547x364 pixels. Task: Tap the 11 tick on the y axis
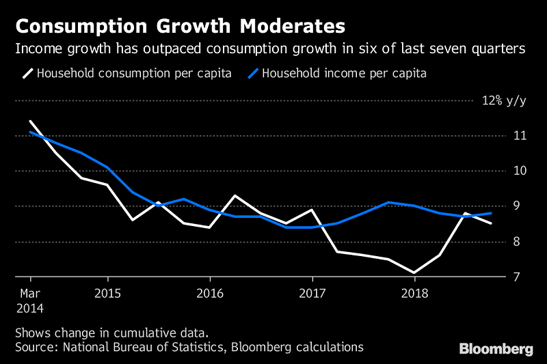520,136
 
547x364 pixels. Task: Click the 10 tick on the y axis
520,171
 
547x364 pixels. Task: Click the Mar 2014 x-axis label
30,300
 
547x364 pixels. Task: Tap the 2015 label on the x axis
107,294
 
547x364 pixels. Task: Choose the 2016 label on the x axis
209,294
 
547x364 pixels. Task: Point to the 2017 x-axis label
312,294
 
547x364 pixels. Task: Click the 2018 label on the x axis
414,294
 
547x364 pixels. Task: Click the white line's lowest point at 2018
414,272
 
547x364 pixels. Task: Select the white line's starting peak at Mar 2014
30,121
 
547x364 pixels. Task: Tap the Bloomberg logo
496,349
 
